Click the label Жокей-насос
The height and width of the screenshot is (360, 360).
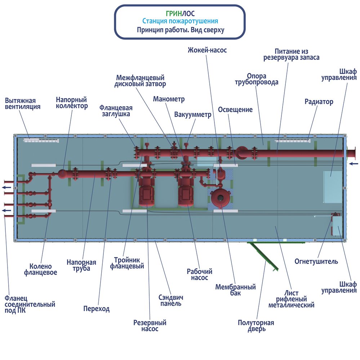(207, 50)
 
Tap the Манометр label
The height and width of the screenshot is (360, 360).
(169, 99)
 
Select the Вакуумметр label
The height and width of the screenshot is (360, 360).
(193, 114)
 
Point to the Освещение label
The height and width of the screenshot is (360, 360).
(235, 109)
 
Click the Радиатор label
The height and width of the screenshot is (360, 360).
(319, 102)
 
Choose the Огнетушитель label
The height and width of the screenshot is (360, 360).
(316, 261)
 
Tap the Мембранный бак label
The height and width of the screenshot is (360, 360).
(235, 290)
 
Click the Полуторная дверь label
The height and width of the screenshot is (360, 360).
(256, 326)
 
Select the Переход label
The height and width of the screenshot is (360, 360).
(96, 309)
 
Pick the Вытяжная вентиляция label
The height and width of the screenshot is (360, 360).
(23, 104)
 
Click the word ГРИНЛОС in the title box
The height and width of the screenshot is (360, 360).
(180, 14)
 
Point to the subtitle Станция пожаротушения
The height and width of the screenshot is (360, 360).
(180, 21)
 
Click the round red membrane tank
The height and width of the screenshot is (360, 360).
(221, 197)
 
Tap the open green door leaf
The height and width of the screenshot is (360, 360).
(264, 256)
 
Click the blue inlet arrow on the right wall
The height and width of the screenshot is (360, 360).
(354, 164)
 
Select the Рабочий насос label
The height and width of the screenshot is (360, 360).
(200, 275)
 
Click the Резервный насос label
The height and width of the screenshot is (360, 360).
(150, 326)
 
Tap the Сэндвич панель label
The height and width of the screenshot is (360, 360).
(171, 300)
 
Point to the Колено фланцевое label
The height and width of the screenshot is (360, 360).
(40, 269)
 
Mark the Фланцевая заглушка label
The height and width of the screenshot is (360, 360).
(116, 111)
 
